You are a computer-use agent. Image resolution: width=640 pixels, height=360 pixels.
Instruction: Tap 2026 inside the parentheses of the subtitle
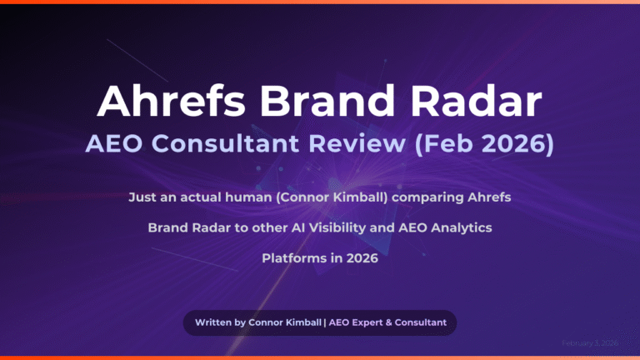point(517,146)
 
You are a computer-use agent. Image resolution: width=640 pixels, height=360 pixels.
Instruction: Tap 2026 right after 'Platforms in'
point(362,258)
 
